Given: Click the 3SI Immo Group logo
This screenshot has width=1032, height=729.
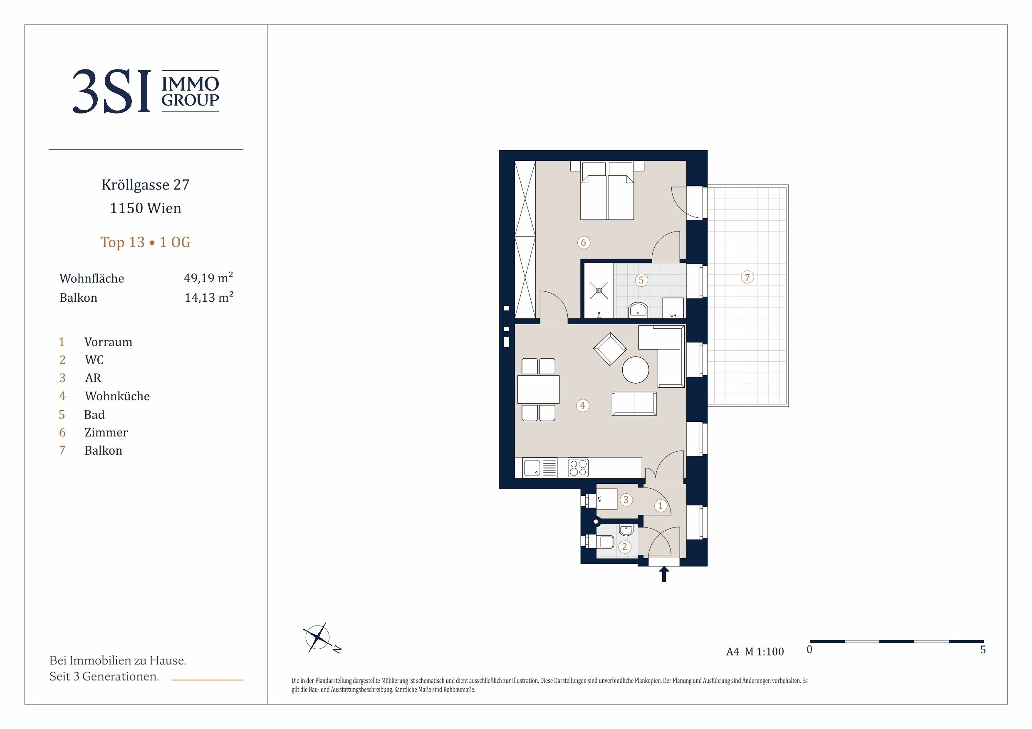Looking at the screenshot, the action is tap(146, 91).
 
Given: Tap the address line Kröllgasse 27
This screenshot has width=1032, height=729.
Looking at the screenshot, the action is tap(146, 185).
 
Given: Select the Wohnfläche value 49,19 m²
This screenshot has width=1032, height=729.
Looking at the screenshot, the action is tap(208, 278).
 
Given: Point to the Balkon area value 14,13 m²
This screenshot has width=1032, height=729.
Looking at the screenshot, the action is tap(209, 297).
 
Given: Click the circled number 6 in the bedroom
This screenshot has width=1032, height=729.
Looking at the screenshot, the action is tap(584, 243).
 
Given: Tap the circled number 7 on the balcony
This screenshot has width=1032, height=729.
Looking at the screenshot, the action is tap(747, 277).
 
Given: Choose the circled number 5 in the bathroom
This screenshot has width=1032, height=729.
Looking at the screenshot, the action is tap(641, 280).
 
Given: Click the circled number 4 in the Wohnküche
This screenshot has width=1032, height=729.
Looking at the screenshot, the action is tap(582, 406).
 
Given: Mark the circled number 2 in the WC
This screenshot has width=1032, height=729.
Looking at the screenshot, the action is tap(624, 547).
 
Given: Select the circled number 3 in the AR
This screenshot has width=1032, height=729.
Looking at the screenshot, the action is tap(626, 500).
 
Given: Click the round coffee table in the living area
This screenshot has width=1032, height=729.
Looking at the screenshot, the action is tap(636, 369).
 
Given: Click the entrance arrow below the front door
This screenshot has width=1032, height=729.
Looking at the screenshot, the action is tap(664, 574).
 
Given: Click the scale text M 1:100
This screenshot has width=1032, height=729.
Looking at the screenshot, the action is tap(764, 651).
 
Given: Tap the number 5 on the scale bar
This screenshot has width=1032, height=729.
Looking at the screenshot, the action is tap(983, 650).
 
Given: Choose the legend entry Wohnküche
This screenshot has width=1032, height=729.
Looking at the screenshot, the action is tap(117, 396).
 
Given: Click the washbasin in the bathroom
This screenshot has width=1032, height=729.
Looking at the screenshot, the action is tap(638, 310).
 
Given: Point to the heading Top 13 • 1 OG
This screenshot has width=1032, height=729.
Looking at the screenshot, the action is tap(145, 242).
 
